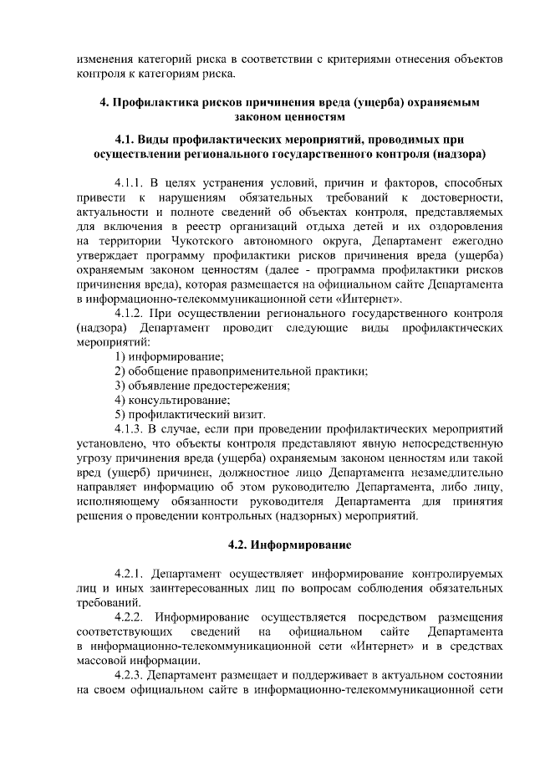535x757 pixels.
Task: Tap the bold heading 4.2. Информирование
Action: [x=289, y=545]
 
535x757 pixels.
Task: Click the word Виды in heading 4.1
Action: [x=156, y=139]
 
